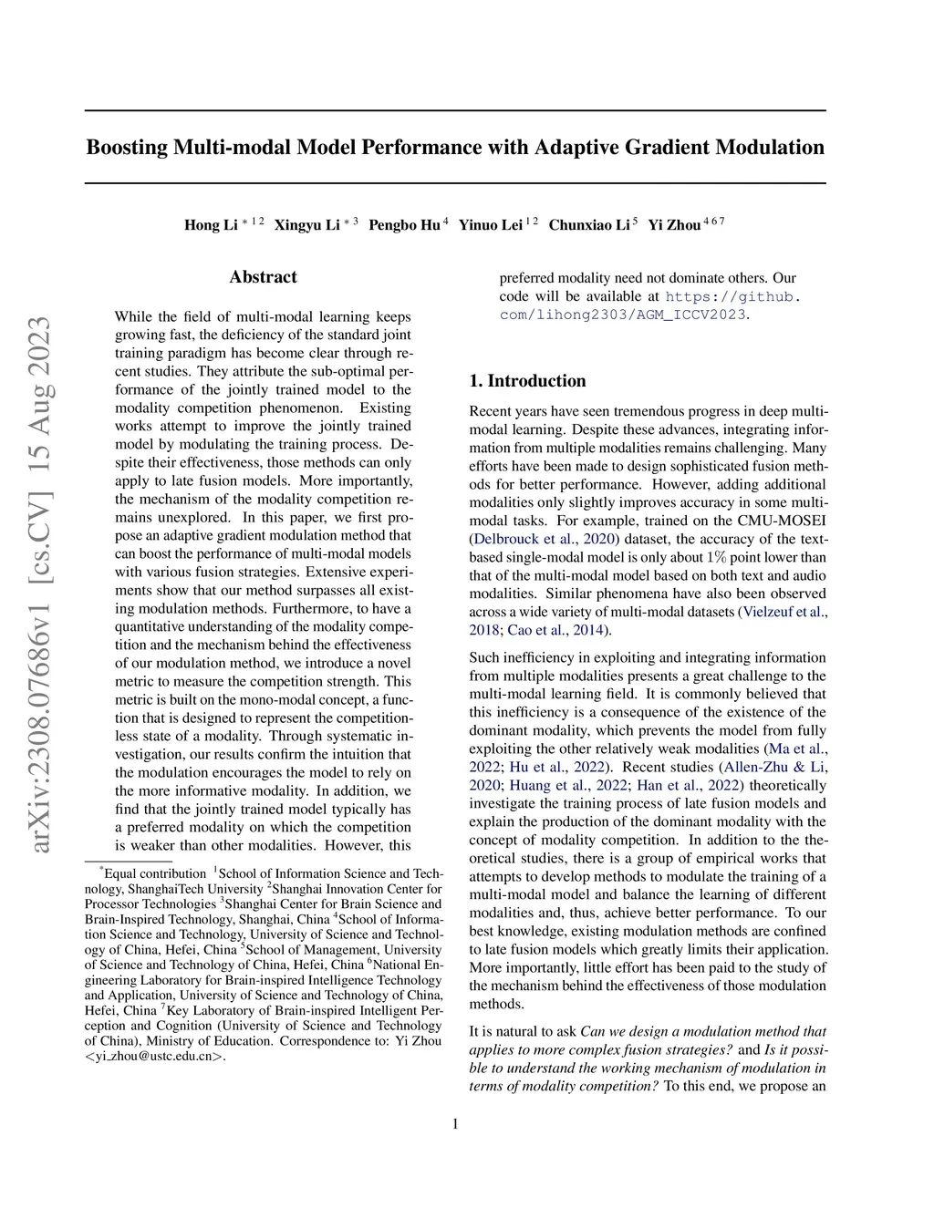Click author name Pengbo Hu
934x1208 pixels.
tap(404, 225)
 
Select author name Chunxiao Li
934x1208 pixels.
tap(589, 225)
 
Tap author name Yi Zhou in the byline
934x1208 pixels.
tap(674, 225)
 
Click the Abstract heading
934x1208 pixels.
tap(263, 277)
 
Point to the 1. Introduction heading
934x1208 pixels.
tap(527, 381)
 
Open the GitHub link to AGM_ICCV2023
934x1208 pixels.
tap(649, 305)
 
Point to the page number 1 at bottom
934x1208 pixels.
tap(455, 1123)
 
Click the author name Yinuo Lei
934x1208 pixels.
tap(491, 225)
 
